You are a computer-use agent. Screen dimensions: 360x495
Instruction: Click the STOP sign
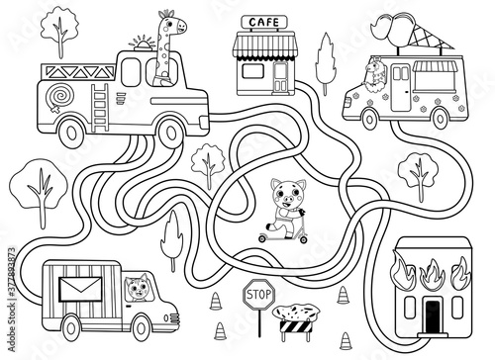tap(258, 292)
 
